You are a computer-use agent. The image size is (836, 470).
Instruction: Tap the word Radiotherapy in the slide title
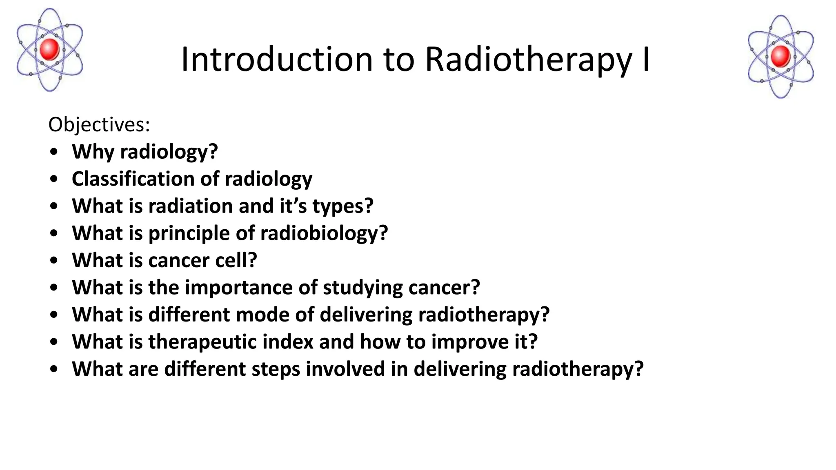pos(528,60)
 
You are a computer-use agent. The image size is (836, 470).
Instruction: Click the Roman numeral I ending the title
pos(646,60)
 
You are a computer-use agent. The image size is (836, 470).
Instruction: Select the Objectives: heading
pos(99,124)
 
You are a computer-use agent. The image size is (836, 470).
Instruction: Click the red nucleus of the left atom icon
pos(50,49)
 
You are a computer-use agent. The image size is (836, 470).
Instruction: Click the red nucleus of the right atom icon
pos(780,56)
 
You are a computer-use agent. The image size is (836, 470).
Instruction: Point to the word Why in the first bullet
pos(93,152)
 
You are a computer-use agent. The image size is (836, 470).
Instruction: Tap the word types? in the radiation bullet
pos(343,206)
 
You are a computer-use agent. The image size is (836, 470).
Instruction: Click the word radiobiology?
pos(324,233)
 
